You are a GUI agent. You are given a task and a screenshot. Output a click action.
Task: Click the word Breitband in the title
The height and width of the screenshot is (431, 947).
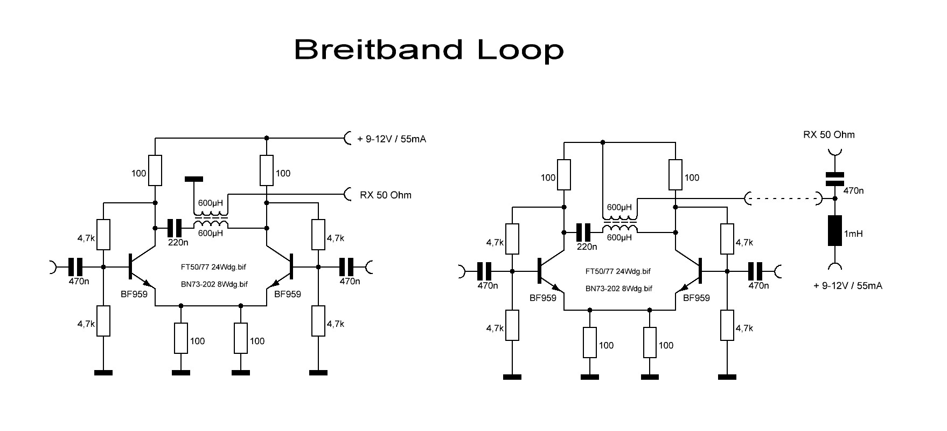click(x=378, y=50)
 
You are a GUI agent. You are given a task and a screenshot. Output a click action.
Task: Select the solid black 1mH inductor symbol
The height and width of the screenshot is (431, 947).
click(x=834, y=231)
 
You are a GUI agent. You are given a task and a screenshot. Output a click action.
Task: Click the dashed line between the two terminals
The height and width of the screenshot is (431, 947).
click(x=783, y=199)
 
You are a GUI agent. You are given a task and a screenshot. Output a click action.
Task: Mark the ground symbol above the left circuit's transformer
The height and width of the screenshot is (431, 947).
click(x=193, y=178)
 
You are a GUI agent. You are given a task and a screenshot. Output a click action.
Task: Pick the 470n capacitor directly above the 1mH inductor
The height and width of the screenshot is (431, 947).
click(x=834, y=179)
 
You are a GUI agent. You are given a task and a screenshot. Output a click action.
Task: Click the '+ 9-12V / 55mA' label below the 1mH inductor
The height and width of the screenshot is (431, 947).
click(x=847, y=286)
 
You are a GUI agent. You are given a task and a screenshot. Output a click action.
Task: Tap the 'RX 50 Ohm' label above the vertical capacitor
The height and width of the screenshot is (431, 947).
click(x=828, y=134)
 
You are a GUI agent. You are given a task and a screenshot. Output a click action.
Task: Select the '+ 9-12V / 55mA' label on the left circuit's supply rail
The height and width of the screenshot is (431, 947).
click(x=392, y=139)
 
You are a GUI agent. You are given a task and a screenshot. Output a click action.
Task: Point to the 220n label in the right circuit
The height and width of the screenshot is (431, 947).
click(x=587, y=247)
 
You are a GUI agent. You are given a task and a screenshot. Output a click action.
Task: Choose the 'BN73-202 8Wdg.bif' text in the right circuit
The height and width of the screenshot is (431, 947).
click(x=619, y=289)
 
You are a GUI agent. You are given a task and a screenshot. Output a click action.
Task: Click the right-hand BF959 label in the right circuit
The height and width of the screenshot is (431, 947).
click(x=696, y=298)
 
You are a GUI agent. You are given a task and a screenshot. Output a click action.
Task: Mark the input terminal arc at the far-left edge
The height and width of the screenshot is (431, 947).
click(x=53, y=266)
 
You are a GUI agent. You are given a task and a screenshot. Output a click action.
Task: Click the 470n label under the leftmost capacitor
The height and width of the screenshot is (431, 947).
click(x=79, y=281)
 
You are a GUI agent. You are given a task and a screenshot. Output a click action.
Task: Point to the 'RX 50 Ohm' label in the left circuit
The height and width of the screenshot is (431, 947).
click(x=385, y=195)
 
